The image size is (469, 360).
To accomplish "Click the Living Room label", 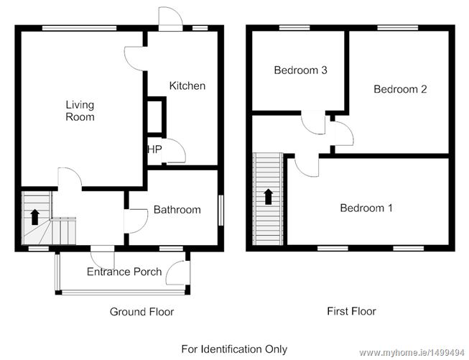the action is [x=80, y=111].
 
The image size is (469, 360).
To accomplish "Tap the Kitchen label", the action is [x=187, y=86].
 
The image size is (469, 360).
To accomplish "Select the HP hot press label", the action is [x=154, y=149].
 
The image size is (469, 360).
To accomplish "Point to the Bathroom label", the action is [x=177, y=210].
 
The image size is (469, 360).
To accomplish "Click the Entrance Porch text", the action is [x=124, y=272].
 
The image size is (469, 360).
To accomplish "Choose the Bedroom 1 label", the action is [x=366, y=208].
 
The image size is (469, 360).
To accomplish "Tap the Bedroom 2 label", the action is [x=400, y=89].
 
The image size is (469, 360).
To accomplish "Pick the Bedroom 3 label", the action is [x=301, y=70].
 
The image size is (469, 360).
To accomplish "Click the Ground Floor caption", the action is [x=141, y=312].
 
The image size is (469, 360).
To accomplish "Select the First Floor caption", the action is [x=351, y=311].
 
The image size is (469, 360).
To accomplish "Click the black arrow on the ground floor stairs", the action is [x=35, y=217].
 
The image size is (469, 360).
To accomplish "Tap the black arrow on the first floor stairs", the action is [x=269, y=197].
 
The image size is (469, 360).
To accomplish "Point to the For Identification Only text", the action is [x=234, y=349].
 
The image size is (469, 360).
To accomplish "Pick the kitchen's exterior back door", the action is [x=170, y=19].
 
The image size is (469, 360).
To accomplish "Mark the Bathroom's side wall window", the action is [x=220, y=210].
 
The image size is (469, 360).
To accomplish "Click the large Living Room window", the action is [x=79, y=28].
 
